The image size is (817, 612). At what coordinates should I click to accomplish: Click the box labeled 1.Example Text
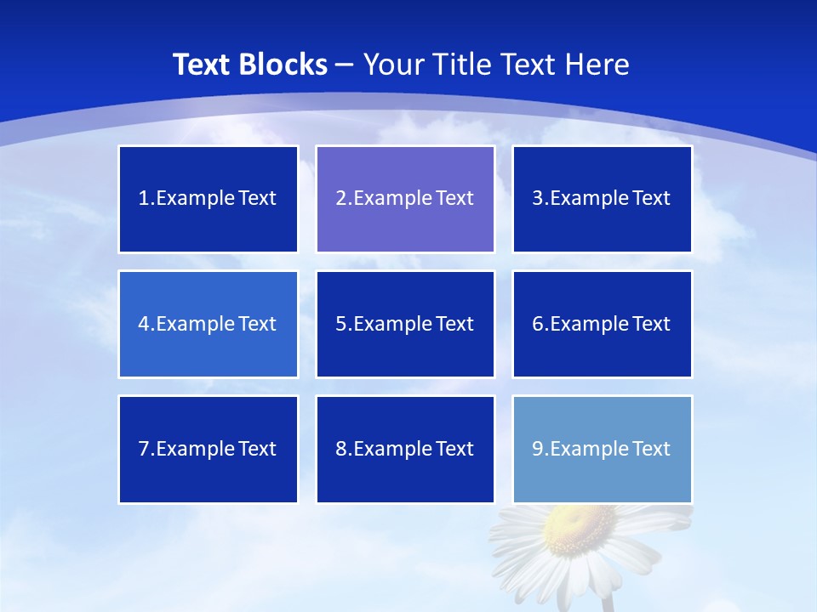pos(209,199)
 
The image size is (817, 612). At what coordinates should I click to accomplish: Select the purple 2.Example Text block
pos(405,199)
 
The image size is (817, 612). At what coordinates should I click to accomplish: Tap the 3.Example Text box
pos(602,199)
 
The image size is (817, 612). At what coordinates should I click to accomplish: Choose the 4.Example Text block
pos(209,324)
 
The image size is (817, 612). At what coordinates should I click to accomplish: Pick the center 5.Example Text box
pos(405,324)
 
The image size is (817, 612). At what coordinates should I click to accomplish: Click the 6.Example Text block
pos(602,324)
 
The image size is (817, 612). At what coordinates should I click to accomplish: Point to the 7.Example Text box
pos(209,449)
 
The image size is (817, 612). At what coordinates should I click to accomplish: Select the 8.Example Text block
pos(405,449)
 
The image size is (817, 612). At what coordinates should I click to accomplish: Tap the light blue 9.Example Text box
pos(602,449)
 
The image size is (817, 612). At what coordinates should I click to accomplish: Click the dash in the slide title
pos(346,65)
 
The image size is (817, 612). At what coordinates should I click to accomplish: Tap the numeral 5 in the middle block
pos(341,324)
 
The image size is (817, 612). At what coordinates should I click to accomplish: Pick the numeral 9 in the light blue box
pos(538,449)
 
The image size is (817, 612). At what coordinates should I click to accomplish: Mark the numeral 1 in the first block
pos(144,199)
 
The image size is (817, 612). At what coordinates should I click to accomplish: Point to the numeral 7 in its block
pos(144,449)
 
